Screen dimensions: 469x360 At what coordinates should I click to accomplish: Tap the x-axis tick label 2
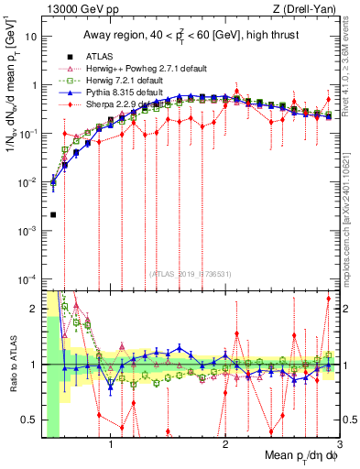coord(225,446)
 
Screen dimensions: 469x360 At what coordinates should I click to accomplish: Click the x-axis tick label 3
coord(338,446)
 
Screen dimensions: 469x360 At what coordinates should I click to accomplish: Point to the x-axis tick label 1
coord(111,446)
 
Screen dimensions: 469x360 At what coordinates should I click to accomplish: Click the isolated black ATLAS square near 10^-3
coord(53,215)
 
